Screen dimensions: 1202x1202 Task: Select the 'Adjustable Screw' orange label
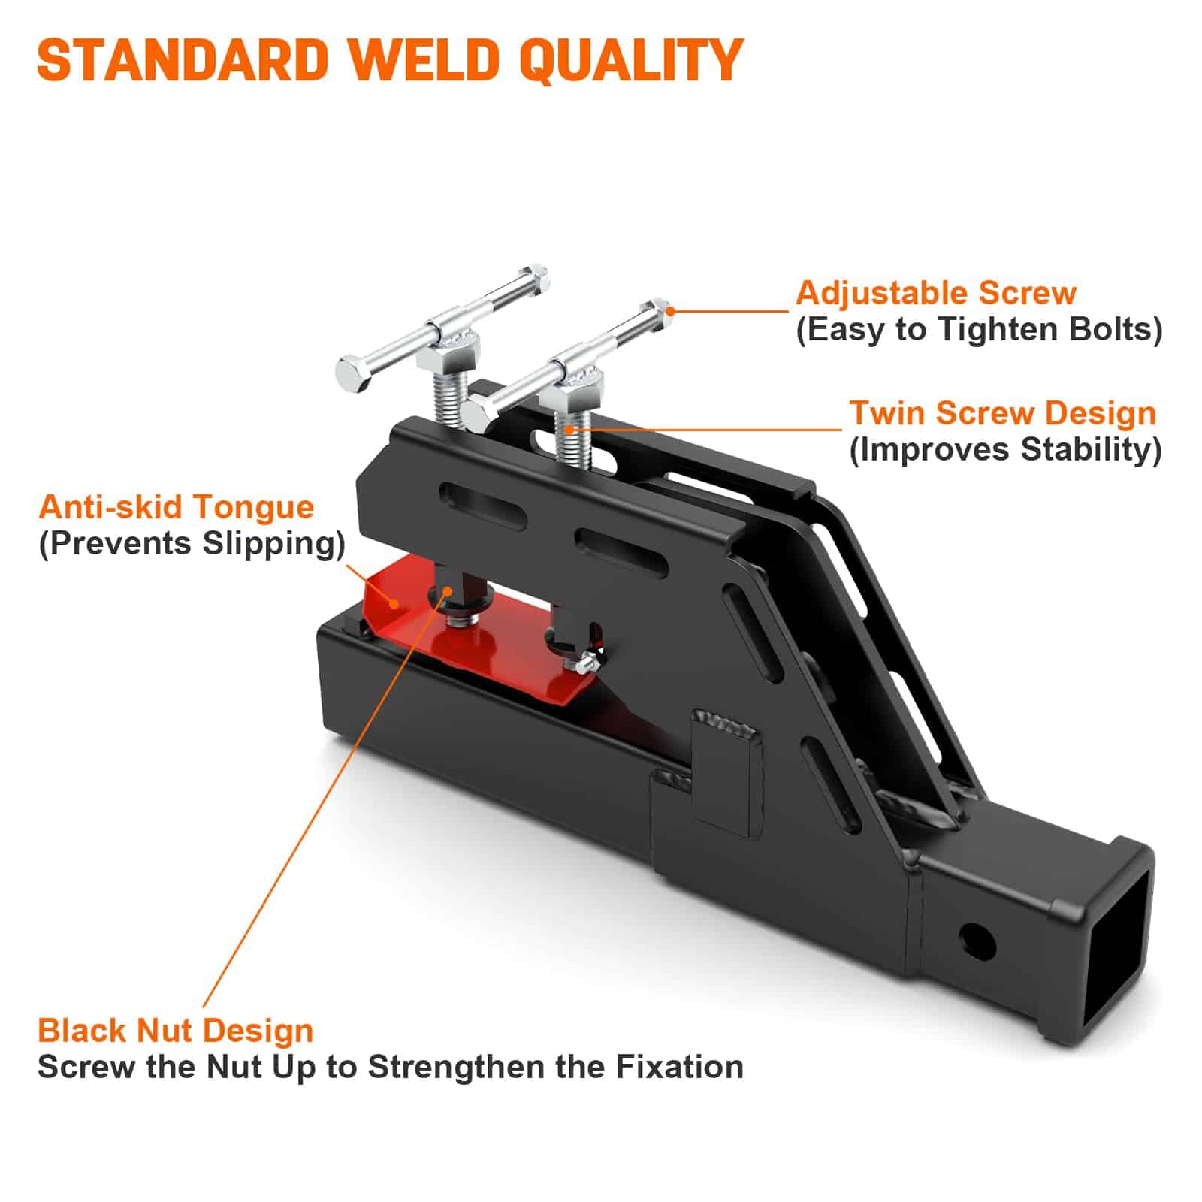click(936, 293)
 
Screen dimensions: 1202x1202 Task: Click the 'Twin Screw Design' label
click(1002, 413)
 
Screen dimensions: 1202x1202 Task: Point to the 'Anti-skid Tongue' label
click(176, 507)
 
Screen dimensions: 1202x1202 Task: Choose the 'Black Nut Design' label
click(176, 1031)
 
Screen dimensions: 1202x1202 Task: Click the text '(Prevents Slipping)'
click(192, 543)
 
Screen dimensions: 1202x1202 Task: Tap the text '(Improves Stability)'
click(1005, 450)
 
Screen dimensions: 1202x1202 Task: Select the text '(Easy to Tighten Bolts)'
click(979, 330)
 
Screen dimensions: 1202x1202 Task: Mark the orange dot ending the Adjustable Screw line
click(670, 310)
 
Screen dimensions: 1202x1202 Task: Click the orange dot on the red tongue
click(394, 602)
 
